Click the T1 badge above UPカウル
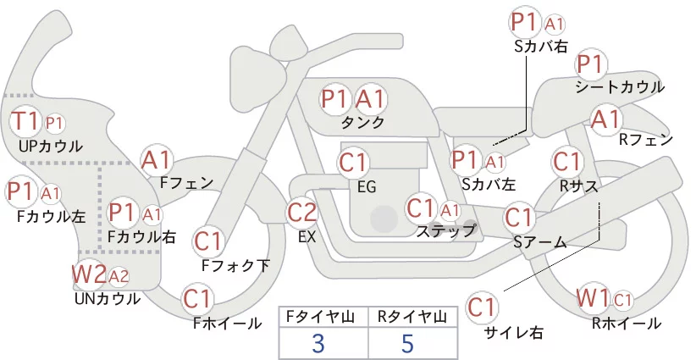[25, 121]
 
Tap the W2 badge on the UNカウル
[89, 274]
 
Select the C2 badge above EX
[301, 212]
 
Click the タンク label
[362, 122]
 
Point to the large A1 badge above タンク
[370, 99]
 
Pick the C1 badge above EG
[353, 163]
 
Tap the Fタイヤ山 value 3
[318, 344]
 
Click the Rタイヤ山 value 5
[407, 344]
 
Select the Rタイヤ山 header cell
[412, 317]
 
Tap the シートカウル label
[620, 87]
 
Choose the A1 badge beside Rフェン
[605, 119]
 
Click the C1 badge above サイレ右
[481, 307]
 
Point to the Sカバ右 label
[541, 47]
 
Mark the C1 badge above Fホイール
[196, 299]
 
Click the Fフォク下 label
[235, 265]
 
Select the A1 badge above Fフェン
[156, 160]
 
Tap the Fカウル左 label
[52, 216]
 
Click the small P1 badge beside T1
[54, 124]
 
